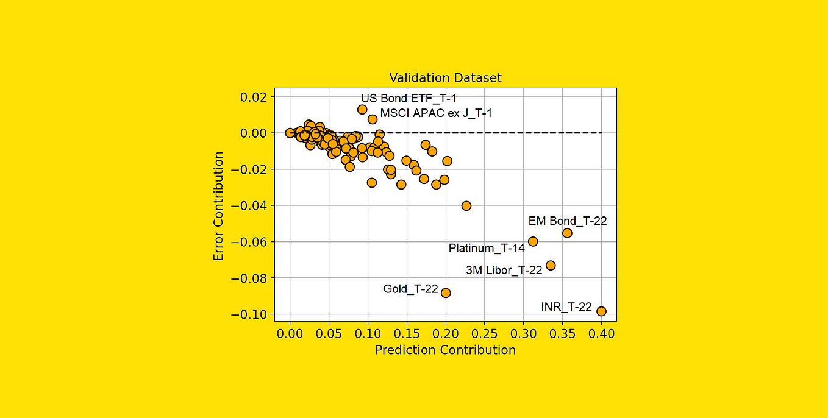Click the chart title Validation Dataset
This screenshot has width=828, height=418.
coord(446,78)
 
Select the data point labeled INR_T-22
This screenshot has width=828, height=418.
coord(601,311)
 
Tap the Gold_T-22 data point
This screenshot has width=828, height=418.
coord(446,293)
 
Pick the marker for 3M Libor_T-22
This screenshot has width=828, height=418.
coord(551,266)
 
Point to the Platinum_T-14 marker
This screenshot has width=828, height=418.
coord(533,241)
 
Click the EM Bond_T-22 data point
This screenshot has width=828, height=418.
coord(568,233)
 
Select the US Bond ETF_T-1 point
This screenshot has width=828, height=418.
coord(362,109)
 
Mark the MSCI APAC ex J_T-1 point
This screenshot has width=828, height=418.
coord(373,119)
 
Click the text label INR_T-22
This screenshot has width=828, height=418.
coord(566,307)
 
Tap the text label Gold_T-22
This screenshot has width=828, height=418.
coord(410,289)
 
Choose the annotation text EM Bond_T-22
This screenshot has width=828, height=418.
coord(568,221)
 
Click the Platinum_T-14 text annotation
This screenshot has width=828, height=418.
coord(487,248)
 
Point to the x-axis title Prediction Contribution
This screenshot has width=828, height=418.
coord(446,350)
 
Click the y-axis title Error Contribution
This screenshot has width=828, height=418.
coord(218,206)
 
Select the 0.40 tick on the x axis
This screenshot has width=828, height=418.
coord(601,334)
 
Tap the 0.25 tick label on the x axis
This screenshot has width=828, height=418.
coord(485,334)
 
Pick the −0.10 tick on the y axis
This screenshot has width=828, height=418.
coord(249,314)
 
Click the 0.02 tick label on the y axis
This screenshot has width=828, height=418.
coord(254,97)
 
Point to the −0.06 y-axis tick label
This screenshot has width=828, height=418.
coord(249,243)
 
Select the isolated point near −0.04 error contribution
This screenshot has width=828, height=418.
coord(466,206)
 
